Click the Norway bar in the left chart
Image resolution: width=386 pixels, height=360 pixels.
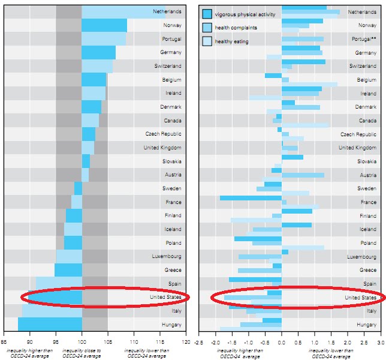click(x=104, y=25)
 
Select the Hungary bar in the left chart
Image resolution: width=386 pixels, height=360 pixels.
click(x=50, y=324)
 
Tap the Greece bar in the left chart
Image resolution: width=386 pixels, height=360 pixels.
click(x=68, y=270)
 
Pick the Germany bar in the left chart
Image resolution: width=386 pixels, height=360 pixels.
click(x=98, y=52)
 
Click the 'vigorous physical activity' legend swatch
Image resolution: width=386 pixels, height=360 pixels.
click(x=207, y=14)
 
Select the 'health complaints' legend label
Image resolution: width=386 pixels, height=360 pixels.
click(x=236, y=28)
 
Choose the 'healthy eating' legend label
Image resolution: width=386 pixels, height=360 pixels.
click(x=231, y=41)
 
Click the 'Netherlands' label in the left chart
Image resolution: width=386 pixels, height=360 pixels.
click(x=167, y=11)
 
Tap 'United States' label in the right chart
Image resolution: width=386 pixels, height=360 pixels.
click(x=360, y=297)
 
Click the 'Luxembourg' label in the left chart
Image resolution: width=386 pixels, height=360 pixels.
click(x=167, y=256)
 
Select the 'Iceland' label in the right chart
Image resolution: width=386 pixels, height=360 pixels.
click(x=367, y=229)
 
